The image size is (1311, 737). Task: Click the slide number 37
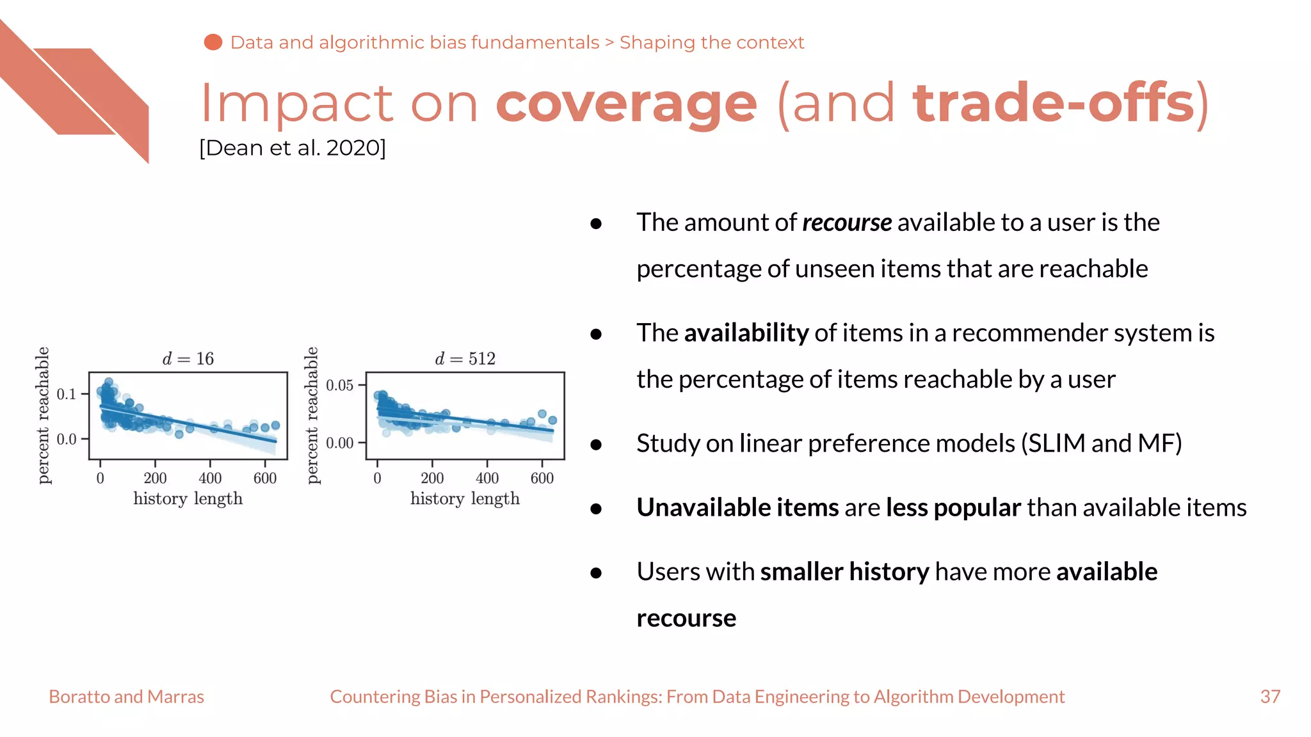pos(1270,697)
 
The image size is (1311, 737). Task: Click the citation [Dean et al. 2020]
pos(293,148)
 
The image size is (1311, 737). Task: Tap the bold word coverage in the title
pos(626,104)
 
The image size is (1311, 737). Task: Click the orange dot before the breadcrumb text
pos(213,42)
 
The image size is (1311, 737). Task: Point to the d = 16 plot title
pos(188,358)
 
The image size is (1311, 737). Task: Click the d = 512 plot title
pos(465,358)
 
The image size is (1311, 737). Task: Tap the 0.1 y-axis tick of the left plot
pos(67,394)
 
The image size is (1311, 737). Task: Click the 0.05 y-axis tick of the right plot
pos(340,385)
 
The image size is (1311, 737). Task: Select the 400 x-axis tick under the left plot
pos(210,478)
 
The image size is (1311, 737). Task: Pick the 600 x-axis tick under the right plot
pos(542,478)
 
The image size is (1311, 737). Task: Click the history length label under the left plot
pos(188,498)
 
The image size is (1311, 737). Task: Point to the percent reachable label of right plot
pos(312,415)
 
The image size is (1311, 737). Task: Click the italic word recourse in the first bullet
pos(846,223)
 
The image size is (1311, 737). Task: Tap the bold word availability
pos(746,333)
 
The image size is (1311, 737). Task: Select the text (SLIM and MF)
pos(1101,443)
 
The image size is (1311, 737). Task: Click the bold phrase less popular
pos(953,508)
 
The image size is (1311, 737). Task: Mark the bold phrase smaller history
pos(844,572)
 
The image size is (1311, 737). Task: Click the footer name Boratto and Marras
pos(127,697)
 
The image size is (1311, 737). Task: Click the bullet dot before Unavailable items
pos(596,509)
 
